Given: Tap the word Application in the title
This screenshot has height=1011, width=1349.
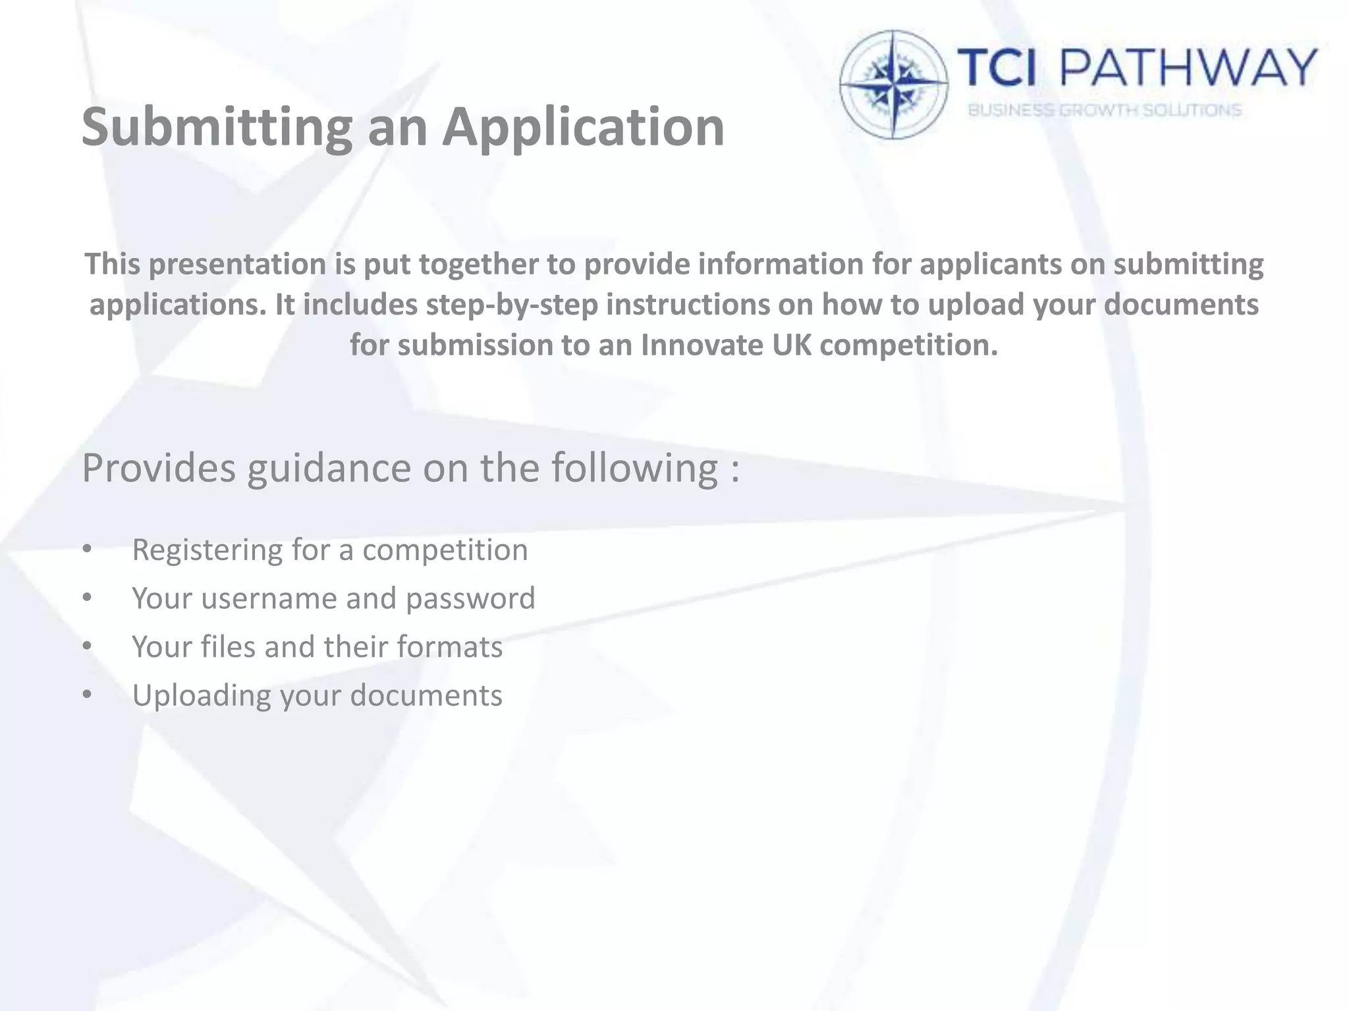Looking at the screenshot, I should [x=584, y=127].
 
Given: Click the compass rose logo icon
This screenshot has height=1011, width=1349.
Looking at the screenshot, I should [x=894, y=84].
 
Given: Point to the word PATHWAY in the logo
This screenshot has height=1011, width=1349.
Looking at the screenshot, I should [x=1190, y=68].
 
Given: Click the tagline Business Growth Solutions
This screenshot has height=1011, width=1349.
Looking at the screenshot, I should [x=1104, y=111].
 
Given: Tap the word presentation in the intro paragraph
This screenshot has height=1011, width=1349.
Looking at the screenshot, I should [x=237, y=264].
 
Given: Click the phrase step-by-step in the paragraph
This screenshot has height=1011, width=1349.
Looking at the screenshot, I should [x=512, y=305].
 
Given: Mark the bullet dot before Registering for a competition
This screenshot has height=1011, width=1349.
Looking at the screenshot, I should [x=88, y=549].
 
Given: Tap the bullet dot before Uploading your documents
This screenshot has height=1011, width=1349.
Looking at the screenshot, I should [x=88, y=694].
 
